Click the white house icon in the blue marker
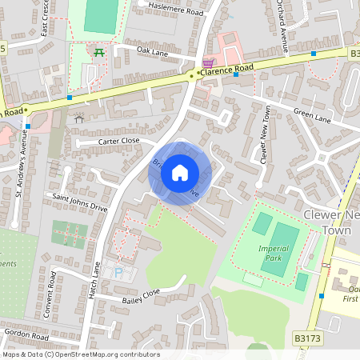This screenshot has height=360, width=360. click(x=180, y=173)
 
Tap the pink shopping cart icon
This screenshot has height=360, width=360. click(x=209, y=62)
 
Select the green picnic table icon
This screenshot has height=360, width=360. click(x=99, y=52)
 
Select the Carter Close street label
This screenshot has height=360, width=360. click(x=118, y=141)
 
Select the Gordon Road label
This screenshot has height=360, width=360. click(x=26, y=331)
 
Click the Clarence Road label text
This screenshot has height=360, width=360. click(x=226, y=69)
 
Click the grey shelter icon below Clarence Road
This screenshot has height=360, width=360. click(x=78, y=119)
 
